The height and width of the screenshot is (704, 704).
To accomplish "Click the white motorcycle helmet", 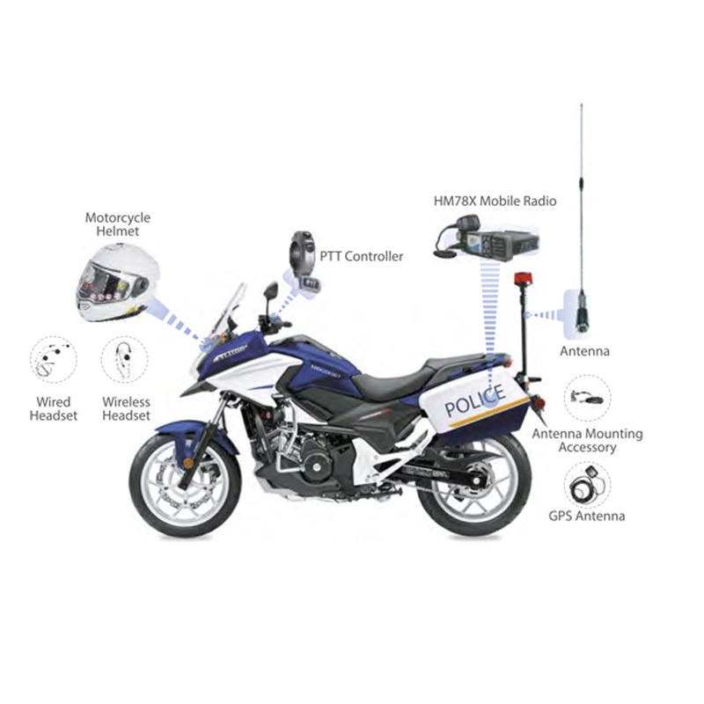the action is tap(118, 282).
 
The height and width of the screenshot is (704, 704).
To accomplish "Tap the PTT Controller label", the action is tap(361, 256).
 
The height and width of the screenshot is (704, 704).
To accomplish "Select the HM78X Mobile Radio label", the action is tap(495, 201).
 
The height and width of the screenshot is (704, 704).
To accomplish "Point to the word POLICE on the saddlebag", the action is tap(474, 400).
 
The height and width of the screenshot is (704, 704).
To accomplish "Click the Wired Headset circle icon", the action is tap(54, 360).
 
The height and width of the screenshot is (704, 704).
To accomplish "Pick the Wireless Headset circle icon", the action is tap(124, 360).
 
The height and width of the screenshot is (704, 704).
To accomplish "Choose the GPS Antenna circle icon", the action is tap(587, 486).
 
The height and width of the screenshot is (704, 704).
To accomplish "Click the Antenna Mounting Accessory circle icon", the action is tap(587, 398).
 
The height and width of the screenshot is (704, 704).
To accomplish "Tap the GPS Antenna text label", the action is tap(586, 516).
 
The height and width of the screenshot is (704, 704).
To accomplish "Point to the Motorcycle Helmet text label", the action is tap(118, 224).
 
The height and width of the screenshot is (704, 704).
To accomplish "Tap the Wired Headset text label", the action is tap(54, 408).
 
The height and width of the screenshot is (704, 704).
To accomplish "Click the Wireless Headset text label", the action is tap(126, 408).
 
